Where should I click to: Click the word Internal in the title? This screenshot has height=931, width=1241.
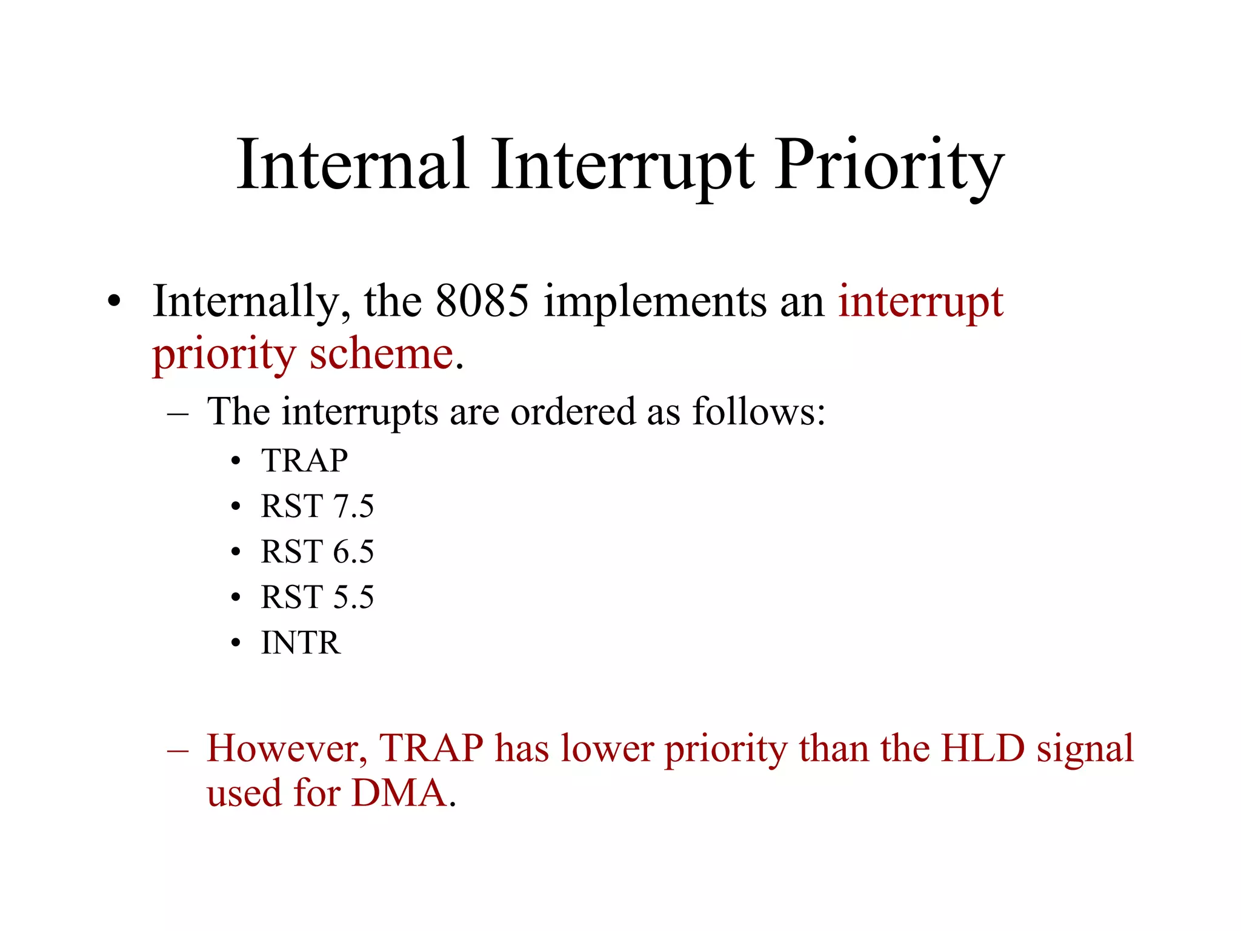[x=353, y=165]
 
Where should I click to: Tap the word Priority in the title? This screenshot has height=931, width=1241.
[x=888, y=165]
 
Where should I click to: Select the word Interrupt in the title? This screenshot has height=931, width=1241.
[x=622, y=165]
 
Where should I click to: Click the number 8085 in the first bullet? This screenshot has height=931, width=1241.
[x=482, y=301]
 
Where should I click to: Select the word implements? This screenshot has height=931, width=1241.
[x=654, y=302]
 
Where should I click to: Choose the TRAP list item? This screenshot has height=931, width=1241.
[x=304, y=461]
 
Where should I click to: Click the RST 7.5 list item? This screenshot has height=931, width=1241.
[x=317, y=506]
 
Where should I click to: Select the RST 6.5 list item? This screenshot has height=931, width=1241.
[x=317, y=552]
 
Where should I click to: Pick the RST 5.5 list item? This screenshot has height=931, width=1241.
[x=317, y=597]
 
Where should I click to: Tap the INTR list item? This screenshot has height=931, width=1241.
[x=301, y=642]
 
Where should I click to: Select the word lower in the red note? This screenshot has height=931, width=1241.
[x=607, y=749]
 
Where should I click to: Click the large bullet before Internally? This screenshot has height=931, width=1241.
[x=114, y=301]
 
